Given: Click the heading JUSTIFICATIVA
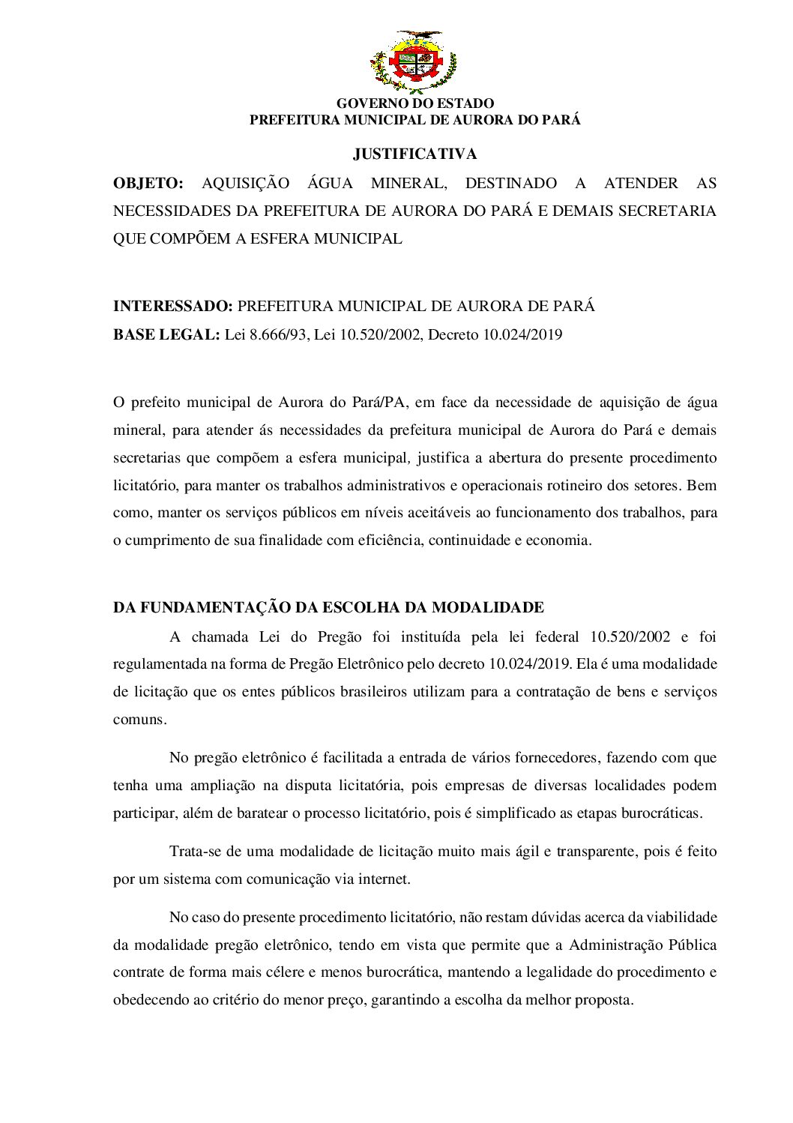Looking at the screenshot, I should tap(414, 154).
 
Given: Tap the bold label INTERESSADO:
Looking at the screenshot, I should tap(172, 307).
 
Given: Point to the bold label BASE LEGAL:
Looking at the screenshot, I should tap(166, 334).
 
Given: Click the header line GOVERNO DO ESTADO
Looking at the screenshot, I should tap(414, 103).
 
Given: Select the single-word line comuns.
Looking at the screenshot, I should tap(139, 719).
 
